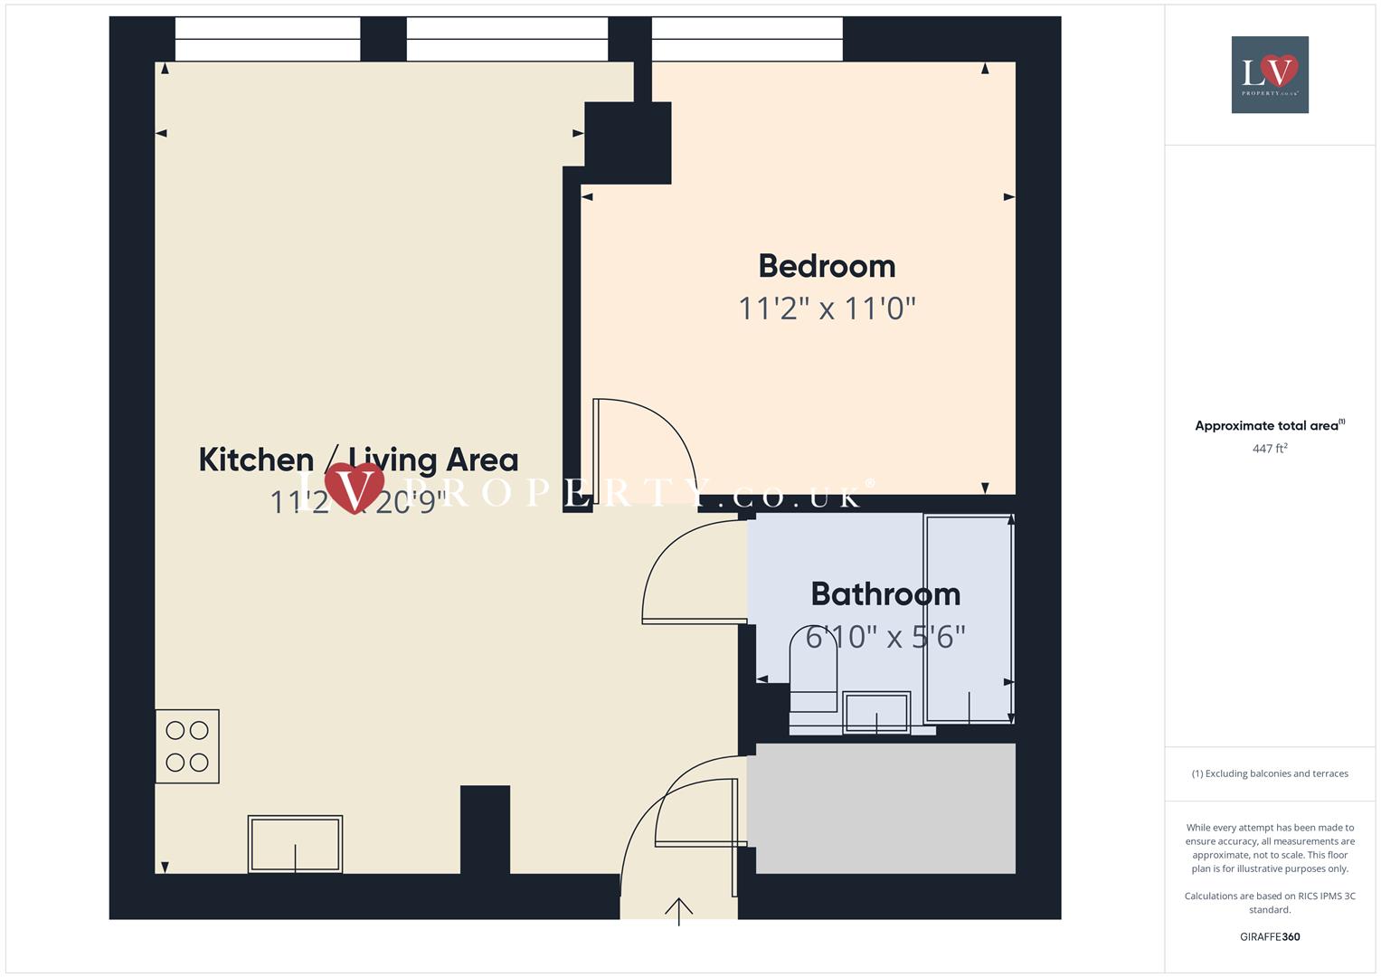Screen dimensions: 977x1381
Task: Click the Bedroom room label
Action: pos(827,266)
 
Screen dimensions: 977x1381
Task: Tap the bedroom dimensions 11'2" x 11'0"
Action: pos(827,308)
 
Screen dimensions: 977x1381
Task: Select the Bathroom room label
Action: pos(885,594)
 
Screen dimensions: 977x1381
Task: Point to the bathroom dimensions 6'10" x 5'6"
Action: pos(885,637)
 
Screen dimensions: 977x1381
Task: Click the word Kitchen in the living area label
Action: pos(256,460)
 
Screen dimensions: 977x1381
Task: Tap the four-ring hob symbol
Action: pos(187,746)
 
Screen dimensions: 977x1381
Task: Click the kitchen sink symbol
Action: pos(295,844)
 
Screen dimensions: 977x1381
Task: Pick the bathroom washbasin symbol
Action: pos(875,712)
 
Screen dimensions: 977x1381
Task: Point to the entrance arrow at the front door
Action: pos(678,910)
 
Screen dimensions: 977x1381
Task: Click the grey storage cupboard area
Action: pos(884,808)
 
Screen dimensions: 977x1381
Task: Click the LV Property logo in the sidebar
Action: pos(1270,74)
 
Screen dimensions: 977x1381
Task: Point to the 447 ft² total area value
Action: pos(1270,449)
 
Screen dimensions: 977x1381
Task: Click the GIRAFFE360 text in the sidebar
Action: pos(1270,937)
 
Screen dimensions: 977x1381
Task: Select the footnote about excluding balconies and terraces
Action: pos(1270,773)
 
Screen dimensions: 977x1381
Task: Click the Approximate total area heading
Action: pos(1269,425)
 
